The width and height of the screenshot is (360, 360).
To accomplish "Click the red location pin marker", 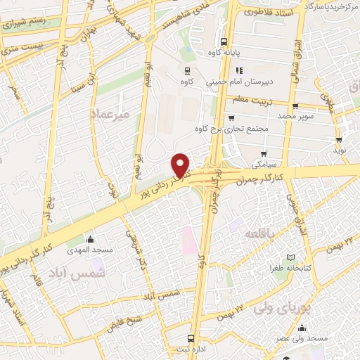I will click(x=181, y=165).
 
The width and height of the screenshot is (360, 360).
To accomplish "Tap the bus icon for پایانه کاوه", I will click(x=224, y=41).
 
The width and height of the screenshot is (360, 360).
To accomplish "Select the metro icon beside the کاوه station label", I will click(x=188, y=70).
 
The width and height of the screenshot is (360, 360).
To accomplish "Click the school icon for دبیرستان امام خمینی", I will click(x=238, y=70).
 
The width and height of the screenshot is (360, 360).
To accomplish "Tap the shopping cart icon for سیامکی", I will click(x=264, y=153).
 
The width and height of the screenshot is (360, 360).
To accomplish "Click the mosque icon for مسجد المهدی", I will click(x=89, y=238).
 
